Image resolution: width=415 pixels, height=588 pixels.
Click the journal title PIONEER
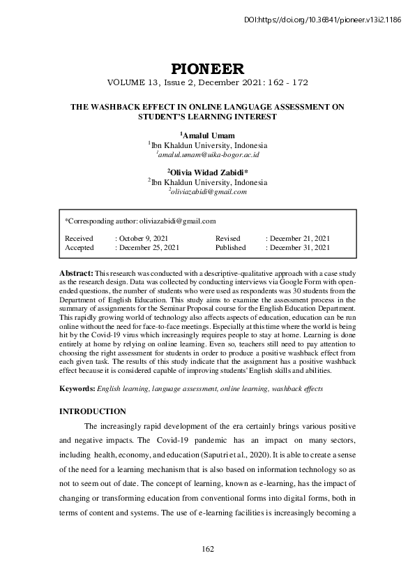[207, 68]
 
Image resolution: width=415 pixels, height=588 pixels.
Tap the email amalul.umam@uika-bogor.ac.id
[209, 154]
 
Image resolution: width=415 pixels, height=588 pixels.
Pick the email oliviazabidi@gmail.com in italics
[209, 191]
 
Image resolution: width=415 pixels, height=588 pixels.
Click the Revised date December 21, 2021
[299, 238]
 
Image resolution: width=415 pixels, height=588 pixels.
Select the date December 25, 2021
[148, 247]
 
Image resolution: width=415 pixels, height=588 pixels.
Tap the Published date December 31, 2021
[299, 247]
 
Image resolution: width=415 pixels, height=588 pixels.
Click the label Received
[78, 238]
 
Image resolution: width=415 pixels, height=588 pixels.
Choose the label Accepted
[79, 247]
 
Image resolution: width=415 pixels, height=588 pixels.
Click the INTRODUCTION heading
[92, 411]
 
